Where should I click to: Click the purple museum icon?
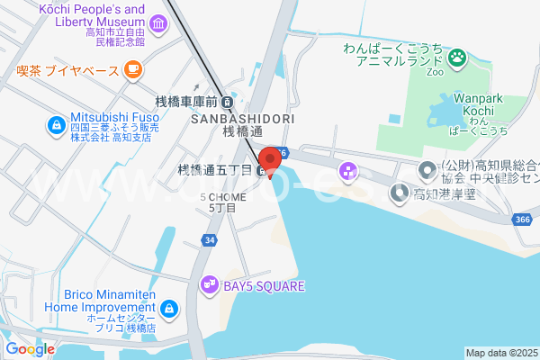tap(158, 22)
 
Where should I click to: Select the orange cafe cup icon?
tap(133, 67)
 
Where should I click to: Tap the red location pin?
tap(267, 161)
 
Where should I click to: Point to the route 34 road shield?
tap(209, 240)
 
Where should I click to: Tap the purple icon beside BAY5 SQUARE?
tap(209, 285)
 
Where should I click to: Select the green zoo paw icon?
tap(458, 58)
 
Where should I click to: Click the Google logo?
tap(30, 348)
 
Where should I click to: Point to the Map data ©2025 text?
tap(501, 353)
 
